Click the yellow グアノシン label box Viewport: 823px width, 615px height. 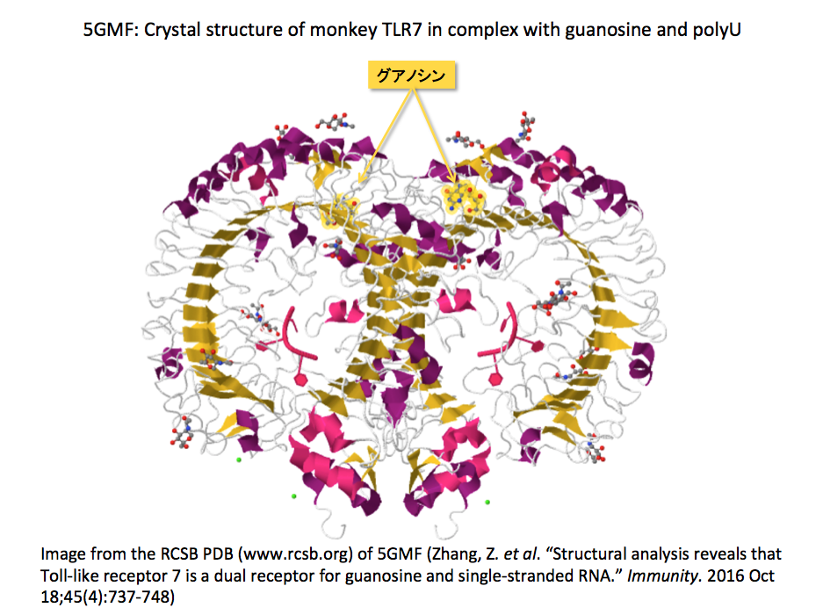point(410,76)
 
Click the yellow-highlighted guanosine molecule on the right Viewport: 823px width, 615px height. point(462,197)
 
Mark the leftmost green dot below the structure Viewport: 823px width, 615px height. point(238,459)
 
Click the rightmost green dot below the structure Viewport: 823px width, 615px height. point(487,503)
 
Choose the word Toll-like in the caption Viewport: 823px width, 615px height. point(69,575)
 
